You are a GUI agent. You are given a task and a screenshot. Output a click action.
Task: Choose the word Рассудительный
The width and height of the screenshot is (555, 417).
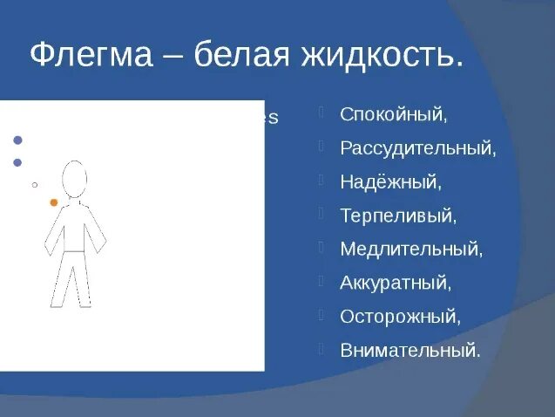pyautogui.click(x=417, y=148)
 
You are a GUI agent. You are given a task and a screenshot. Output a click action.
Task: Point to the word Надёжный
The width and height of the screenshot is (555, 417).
pyautogui.click(x=390, y=182)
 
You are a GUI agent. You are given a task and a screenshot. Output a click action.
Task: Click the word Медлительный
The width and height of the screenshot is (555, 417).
pyautogui.click(x=410, y=250)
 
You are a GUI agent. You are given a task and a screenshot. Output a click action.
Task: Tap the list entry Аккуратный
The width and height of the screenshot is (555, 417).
pyautogui.click(x=396, y=283)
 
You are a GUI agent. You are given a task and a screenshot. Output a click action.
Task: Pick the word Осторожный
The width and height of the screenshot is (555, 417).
pyautogui.click(x=399, y=316)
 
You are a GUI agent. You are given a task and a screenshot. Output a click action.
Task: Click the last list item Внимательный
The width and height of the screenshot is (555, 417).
pyautogui.click(x=409, y=350)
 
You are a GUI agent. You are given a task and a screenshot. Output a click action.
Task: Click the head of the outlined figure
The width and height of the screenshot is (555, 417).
pyautogui.click(x=75, y=179)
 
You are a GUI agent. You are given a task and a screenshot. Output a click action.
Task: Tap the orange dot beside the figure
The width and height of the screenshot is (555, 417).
pyautogui.click(x=54, y=202)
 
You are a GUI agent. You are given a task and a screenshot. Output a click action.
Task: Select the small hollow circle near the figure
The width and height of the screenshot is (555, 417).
pyautogui.click(x=34, y=185)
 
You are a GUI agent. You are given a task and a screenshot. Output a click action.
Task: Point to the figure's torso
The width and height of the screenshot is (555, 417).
pyautogui.click(x=74, y=227)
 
